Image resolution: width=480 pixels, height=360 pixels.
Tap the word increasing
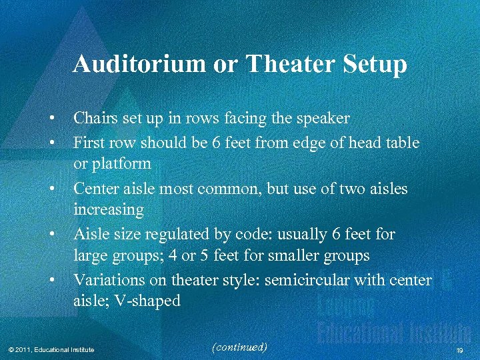(109, 210)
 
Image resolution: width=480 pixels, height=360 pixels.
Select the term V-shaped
(147, 301)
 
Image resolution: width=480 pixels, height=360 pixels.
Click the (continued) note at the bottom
(239, 347)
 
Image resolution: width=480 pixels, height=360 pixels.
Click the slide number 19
(459, 350)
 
